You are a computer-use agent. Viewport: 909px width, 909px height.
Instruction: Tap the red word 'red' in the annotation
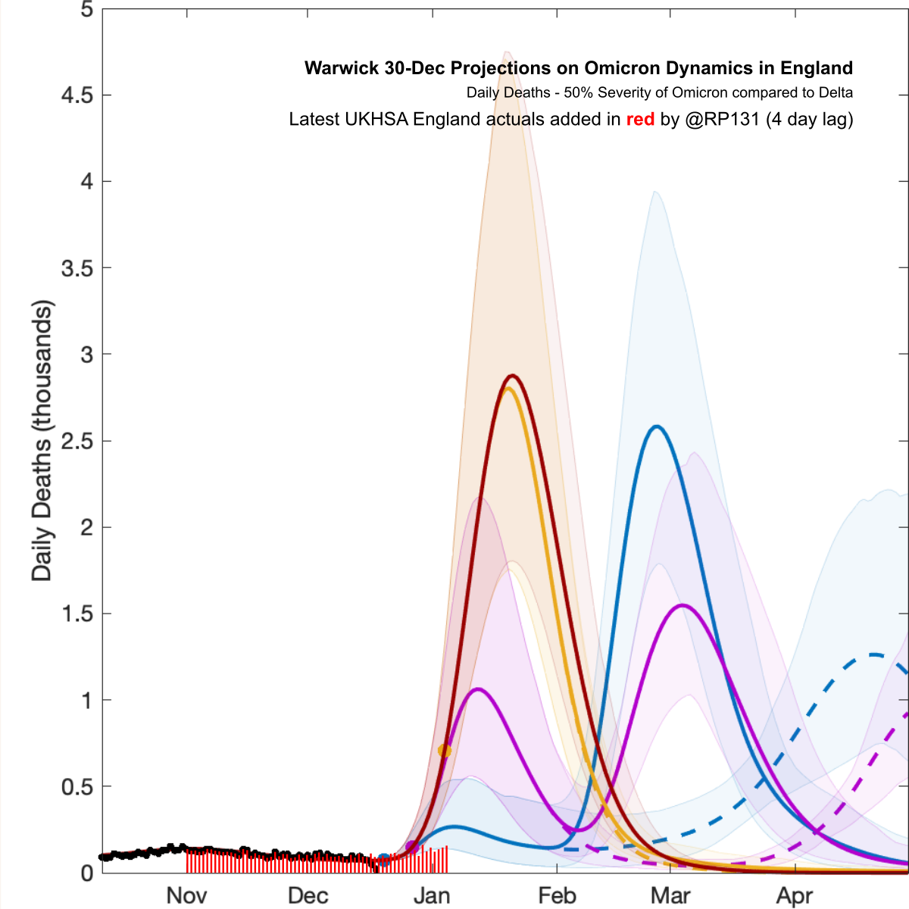click(640, 119)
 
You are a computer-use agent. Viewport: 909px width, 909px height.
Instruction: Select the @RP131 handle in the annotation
click(722, 119)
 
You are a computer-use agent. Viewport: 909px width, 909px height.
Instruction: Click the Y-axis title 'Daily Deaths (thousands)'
click(42, 441)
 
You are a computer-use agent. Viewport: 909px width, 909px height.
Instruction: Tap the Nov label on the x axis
click(186, 895)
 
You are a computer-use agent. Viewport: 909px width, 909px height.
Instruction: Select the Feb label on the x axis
click(557, 895)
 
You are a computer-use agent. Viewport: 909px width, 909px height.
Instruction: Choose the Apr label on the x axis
click(795, 895)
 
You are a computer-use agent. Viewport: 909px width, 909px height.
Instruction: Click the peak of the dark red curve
click(513, 376)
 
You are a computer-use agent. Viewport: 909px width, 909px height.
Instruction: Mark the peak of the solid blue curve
click(656, 426)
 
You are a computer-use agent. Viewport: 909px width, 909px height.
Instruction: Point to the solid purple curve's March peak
click(683, 605)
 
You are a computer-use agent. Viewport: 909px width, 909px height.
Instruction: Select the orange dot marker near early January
click(445, 751)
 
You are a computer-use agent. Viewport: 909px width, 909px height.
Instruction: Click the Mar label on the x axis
click(670, 895)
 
